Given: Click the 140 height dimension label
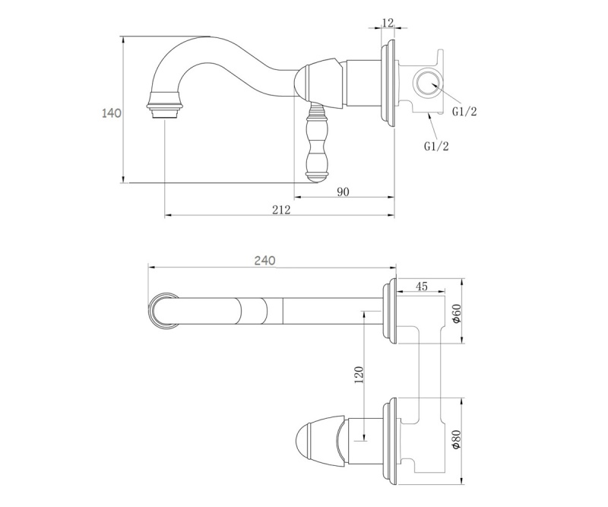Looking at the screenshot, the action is click(x=111, y=113).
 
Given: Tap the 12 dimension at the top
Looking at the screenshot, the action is click(x=388, y=23).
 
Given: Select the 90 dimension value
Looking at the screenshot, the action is click(x=343, y=192).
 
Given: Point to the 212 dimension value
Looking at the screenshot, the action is click(x=281, y=210).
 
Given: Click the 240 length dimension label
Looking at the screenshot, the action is click(x=264, y=260).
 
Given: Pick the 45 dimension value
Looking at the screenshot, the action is click(x=422, y=287).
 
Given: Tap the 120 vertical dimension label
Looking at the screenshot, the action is click(x=359, y=375).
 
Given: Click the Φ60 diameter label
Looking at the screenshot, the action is click(x=457, y=313).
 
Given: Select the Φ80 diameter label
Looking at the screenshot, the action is click(x=457, y=439).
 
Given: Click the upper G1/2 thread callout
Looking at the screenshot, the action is click(x=464, y=112).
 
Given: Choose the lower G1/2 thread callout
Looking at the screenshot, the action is click(x=436, y=146).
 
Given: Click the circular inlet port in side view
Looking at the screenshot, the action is click(x=428, y=83).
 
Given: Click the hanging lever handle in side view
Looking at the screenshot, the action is click(x=318, y=141).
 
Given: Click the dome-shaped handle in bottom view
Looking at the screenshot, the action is click(x=320, y=440).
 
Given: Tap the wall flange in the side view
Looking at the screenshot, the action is click(x=388, y=85).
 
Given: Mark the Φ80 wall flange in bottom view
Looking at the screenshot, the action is click(x=389, y=441).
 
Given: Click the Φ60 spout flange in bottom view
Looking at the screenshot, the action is click(x=389, y=311).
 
